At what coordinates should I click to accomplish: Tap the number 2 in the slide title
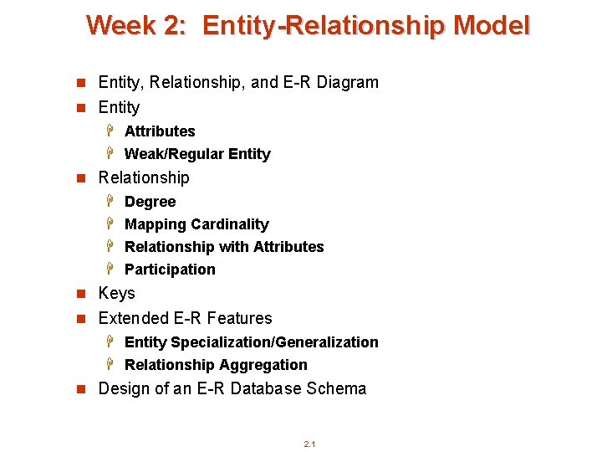click(x=174, y=25)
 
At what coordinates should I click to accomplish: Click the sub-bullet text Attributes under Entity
click(x=160, y=131)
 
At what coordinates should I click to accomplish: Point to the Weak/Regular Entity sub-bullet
click(x=197, y=154)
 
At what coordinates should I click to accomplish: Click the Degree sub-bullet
click(x=150, y=202)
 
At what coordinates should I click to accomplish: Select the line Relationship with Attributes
click(x=224, y=247)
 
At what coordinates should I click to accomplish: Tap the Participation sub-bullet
click(x=170, y=270)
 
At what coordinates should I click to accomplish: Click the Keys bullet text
click(x=116, y=293)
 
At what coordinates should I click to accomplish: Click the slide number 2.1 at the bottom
click(x=309, y=444)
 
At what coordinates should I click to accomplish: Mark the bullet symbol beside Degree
click(x=110, y=202)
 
